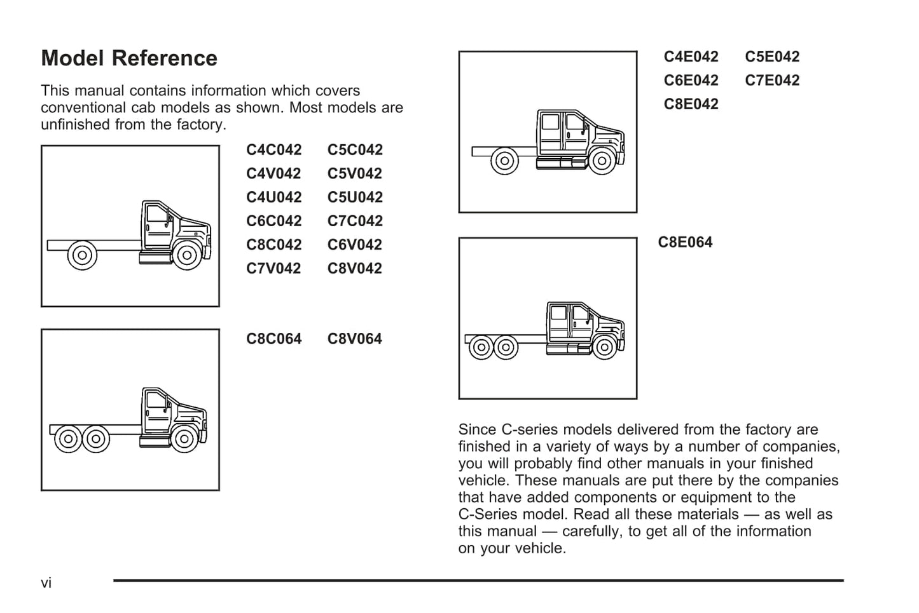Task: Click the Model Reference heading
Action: pos(129,58)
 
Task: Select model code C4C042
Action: pos(273,150)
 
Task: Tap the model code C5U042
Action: pos(355,198)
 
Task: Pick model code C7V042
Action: pos(273,269)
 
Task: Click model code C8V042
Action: pos(354,269)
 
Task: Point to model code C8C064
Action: pos(273,339)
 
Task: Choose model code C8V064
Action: pos(354,339)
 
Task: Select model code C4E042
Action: pos(691,57)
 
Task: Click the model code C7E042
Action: pos(772,81)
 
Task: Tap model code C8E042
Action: pos(691,104)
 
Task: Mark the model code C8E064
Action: pos(685,243)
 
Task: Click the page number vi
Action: pos(46,583)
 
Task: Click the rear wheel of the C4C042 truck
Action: pos(82,255)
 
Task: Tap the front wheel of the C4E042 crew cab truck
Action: pos(602,161)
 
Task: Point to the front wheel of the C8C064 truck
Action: pos(184,439)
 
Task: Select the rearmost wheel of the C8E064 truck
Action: pos(481,347)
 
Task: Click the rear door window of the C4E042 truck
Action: pos(549,122)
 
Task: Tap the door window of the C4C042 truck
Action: pos(156,213)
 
